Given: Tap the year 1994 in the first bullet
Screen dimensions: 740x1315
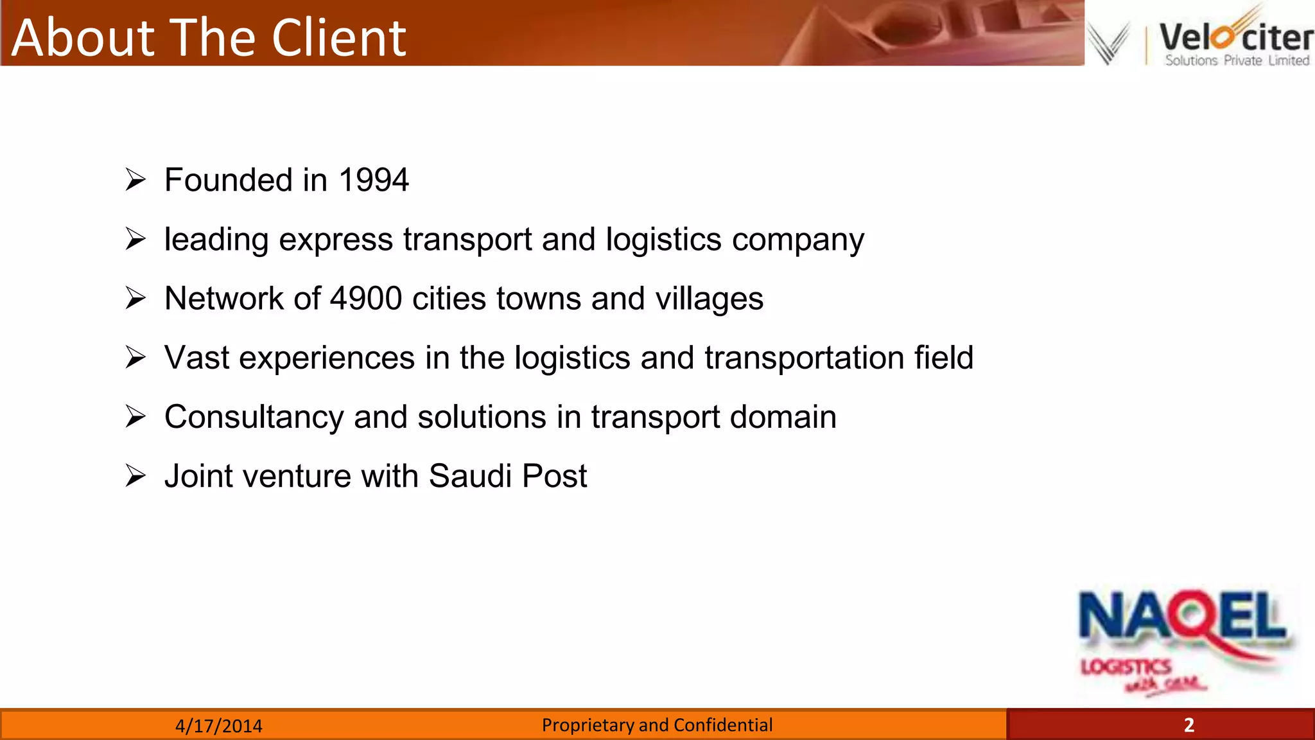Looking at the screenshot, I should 373,180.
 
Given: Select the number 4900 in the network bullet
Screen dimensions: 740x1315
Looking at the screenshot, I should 366,299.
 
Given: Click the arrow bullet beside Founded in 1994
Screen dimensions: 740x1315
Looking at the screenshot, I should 135,180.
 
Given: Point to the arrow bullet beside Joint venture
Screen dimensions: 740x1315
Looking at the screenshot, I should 135,476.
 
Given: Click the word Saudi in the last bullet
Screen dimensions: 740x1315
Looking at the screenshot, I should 470,476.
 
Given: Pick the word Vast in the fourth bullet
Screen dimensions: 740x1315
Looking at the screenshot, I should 196,358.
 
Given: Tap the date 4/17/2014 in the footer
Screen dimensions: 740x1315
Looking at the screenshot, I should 219,726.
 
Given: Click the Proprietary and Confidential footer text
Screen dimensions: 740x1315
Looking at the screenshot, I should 657,725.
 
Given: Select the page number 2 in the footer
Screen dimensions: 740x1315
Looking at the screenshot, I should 1189,725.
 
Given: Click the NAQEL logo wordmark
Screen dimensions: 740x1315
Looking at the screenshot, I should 1183,617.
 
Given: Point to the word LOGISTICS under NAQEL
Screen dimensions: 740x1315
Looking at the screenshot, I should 1126,667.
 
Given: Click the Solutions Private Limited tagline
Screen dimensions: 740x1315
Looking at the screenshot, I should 1237,60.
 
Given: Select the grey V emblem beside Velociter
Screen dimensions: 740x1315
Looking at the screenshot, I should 1108,42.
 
